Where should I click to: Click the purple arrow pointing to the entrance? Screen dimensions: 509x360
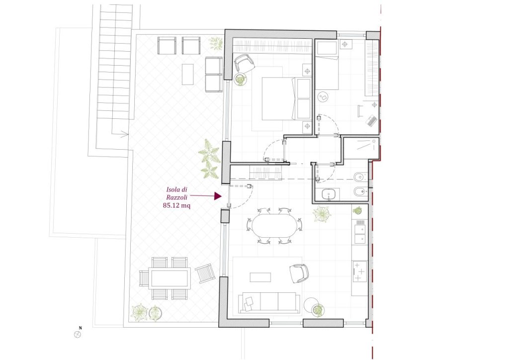pyautogui.click(x=206, y=196)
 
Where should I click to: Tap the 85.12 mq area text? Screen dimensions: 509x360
pyautogui.click(x=176, y=205)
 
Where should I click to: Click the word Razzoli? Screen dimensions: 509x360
pyautogui.click(x=176, y=197)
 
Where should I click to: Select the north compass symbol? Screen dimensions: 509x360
pyautogui.click(x=77, y=334)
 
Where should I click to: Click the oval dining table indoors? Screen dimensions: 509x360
pyautogui.click(x=274, y=226)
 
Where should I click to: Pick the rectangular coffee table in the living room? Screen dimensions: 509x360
pyautogui.click(x=260, y=277)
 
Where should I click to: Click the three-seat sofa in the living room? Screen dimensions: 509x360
pyautogui.click(x=269, y=302)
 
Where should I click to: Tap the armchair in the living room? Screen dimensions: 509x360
pyautogui.click(x=299, y=273)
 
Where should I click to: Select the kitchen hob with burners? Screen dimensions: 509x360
pyautogui.click(x=360, y=271)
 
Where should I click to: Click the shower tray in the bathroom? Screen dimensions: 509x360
pyautogui.click(x=361, y=148)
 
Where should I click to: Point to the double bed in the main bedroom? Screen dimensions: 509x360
pyautogui.click(x=282, y=98)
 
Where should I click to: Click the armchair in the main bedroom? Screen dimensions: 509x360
pyautogui.click(x=244, y=63)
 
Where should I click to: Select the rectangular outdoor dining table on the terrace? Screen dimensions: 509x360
pyautogui.click(x=170, y=278)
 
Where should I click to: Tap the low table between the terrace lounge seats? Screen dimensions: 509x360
pyautogui.click(x=187, y=75)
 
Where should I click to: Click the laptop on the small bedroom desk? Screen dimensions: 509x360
pyautogui.click(x=371, y=120)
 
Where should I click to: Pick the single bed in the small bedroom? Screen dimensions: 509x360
pyautogui.click(x=327, y=65)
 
